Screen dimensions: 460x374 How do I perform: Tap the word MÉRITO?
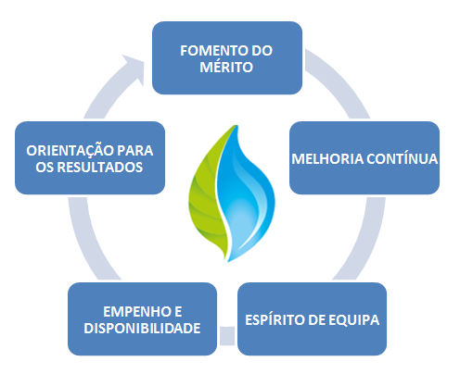click(226, 67)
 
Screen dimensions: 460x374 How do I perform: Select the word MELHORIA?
click(327, 159)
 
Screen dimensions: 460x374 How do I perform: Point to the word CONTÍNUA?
click(402, 158)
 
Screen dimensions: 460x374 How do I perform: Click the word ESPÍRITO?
click(275, 319)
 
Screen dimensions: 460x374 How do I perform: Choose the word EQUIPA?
click(353, 320)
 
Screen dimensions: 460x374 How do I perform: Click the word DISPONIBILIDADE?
click(142, 328)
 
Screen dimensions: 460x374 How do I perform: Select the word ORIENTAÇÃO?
click(70, 150)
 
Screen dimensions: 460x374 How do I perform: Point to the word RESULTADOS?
click(100, 168)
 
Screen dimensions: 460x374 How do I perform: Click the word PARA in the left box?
click(135, 151)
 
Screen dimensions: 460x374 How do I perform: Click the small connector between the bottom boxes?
click(227, 336)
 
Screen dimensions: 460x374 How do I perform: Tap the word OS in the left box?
click(45, 168)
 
